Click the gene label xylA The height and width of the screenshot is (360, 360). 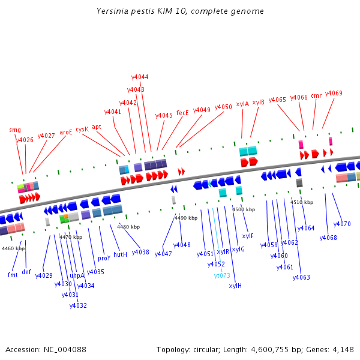(x=242, y=104)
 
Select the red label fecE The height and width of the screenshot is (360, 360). (x=182, y=113)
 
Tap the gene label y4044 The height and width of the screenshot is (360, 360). (x=140, y=77)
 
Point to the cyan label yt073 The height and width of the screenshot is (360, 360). (x=222, y=276)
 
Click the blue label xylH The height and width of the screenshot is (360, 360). (x=235, y=286)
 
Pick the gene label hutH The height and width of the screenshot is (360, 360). (x=120, y=254)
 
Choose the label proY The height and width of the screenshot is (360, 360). (x=104, y=259)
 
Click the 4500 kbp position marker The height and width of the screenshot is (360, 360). (x=243, y=210)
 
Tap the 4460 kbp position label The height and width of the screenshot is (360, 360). (x=13, y=248)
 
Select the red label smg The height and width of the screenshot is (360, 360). (x=14, y=130)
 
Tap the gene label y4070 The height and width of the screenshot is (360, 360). (x=341, y=224)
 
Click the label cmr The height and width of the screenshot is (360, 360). (x=316, y=96)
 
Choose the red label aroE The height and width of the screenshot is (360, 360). (x=65, y=132)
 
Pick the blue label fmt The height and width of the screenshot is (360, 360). (x=13, y=275)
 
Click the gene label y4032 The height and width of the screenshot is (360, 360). (x=78, y=305)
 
